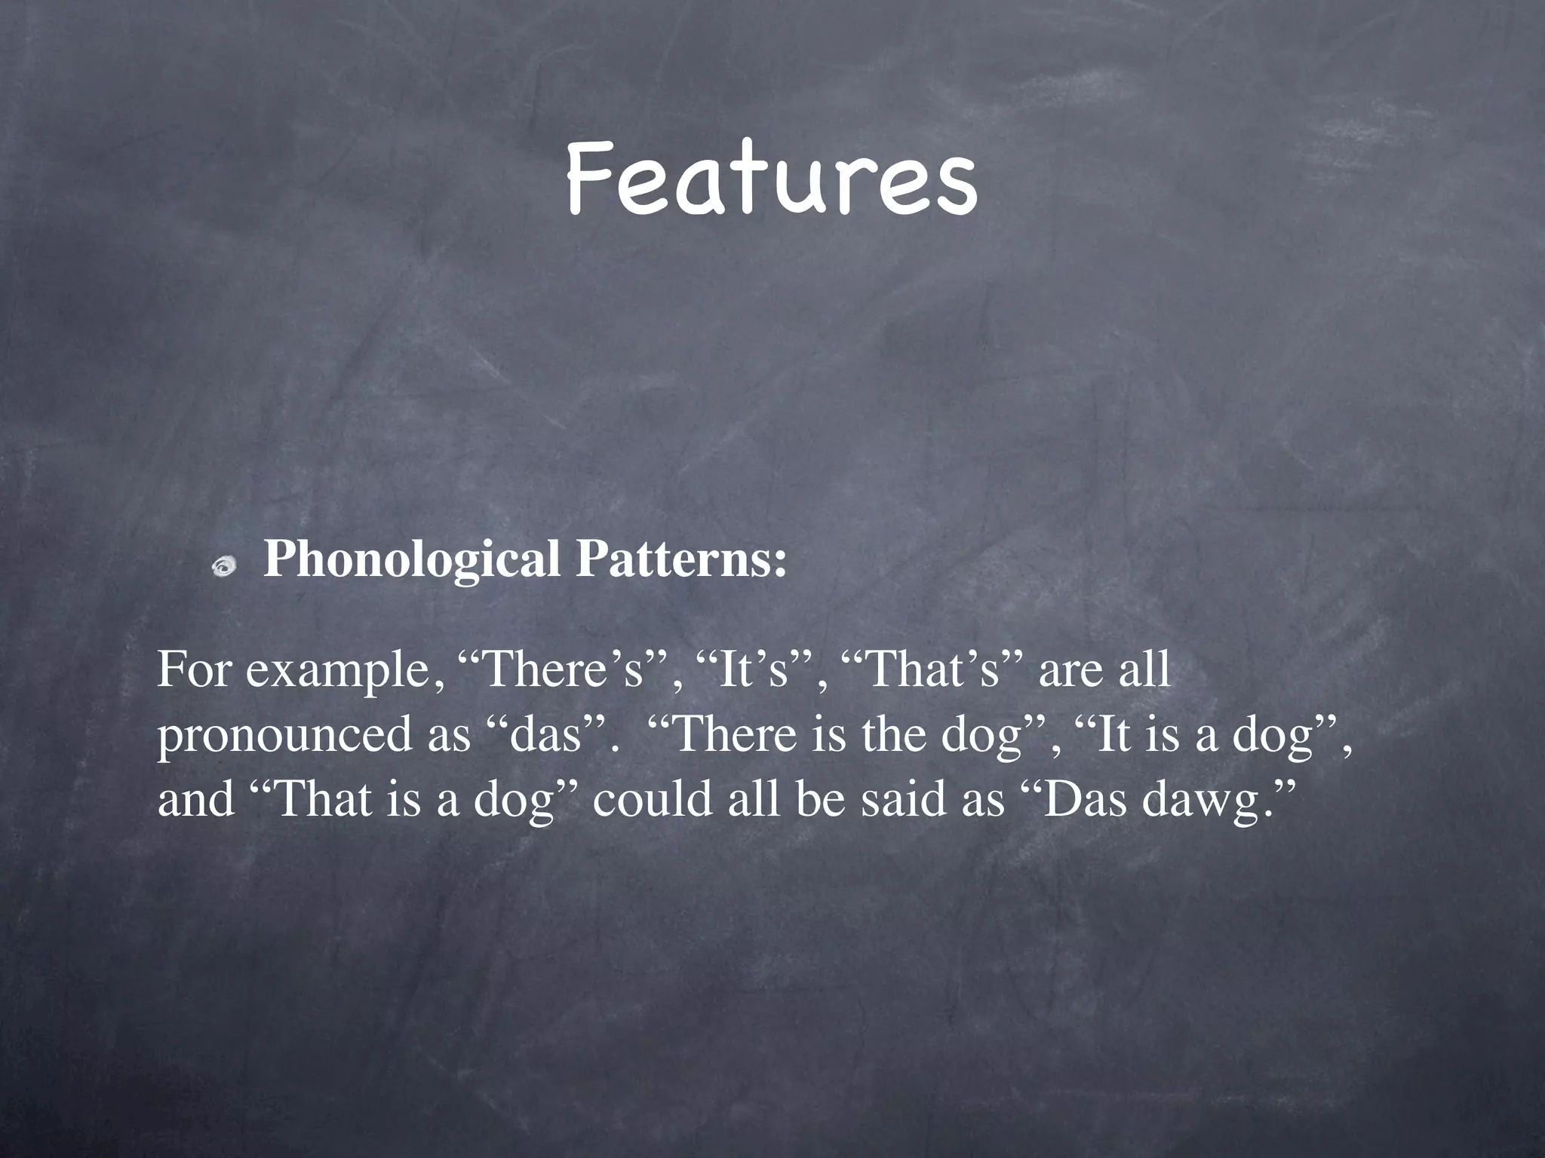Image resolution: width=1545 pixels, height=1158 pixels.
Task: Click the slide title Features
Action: click(x=771, y=179)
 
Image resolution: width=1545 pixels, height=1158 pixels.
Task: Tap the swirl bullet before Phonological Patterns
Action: click(x=224, y=565)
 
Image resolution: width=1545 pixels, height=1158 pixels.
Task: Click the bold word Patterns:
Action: click(x=681, y=559)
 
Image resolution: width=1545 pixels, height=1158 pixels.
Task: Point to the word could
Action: click(x=653, y=799)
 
